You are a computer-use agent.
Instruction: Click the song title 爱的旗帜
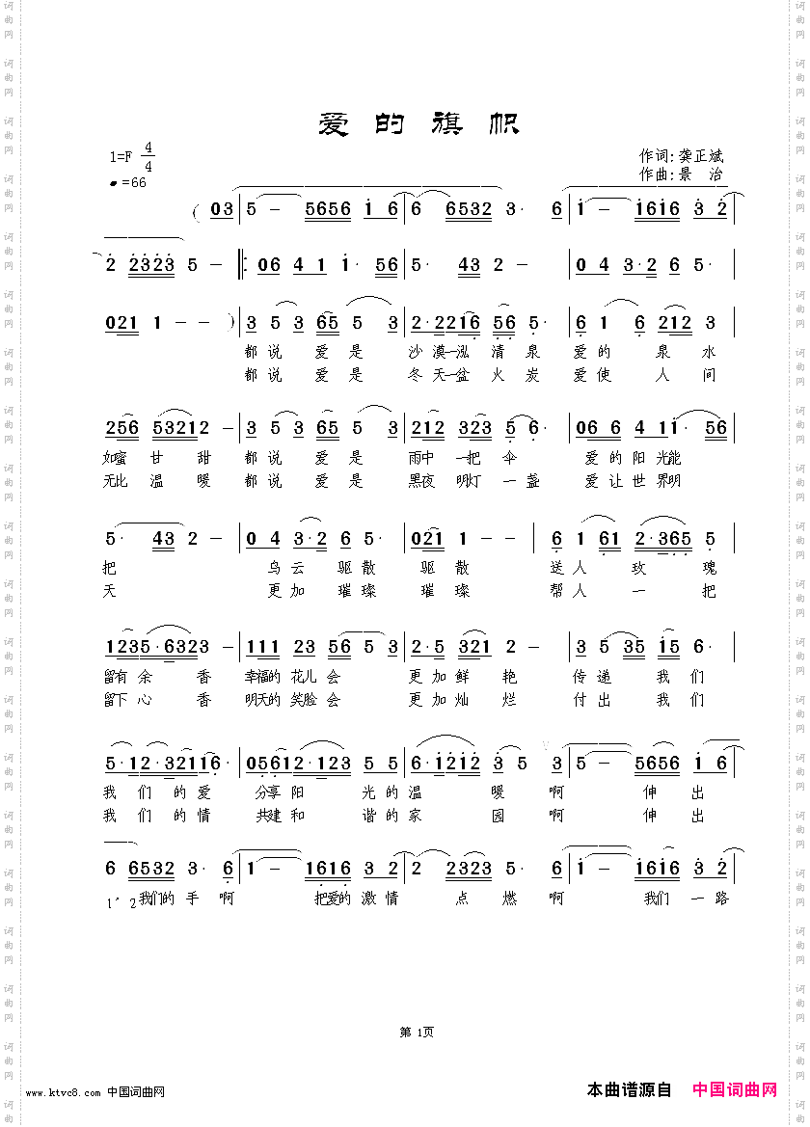click(x=418, y=123)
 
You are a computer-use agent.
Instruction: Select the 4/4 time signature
click(x=148, y=157)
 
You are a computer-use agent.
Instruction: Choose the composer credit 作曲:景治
click(x=681, y=174)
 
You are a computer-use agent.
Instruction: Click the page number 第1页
click(x=417, y=1032)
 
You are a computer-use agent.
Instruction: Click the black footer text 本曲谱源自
click(x=629, y=1090)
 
